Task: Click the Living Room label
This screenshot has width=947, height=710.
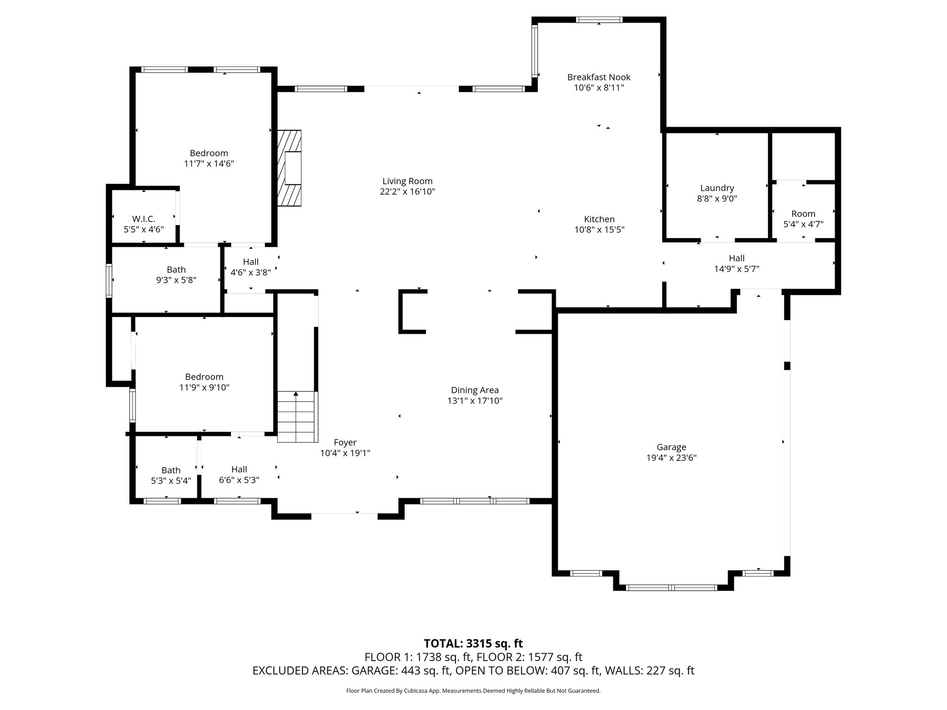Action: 407,181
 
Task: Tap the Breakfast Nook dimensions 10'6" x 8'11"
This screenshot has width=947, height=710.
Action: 599,88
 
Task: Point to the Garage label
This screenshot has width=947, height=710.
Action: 671,447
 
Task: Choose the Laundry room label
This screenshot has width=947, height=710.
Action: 717,188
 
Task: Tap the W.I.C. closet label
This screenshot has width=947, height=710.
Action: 143,219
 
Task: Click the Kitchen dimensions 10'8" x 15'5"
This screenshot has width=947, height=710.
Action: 599,230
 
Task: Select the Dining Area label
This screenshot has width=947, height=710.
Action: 475,390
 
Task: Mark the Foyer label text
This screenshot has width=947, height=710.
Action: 345,442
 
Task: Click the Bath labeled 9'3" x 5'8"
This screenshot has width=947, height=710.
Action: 176,275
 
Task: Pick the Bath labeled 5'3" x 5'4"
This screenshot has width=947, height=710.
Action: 171,475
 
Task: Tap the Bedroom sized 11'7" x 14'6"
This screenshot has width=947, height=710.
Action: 209,158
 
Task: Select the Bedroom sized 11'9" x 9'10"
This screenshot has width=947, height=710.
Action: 204,382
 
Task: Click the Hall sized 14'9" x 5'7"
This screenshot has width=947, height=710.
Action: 737,263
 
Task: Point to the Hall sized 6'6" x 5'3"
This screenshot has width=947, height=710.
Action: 239,475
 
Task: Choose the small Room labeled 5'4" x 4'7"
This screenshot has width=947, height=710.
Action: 803,219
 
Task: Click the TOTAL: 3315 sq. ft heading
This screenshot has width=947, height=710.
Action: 473,643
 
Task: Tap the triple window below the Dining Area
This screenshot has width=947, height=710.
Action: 474,501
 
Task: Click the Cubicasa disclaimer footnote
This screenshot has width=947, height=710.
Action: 473,691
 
